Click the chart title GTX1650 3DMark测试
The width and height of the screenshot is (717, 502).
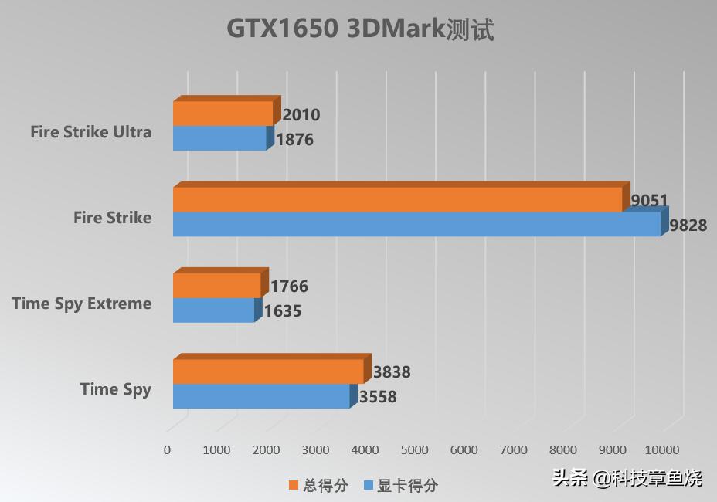tap(359, 29)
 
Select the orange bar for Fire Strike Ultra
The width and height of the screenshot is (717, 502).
tap(223, 114)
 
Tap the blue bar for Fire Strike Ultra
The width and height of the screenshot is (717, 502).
tap(219, 139)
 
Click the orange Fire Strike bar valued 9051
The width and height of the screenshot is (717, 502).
tap(397, 199)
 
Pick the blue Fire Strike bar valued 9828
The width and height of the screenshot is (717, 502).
tap(416, 225)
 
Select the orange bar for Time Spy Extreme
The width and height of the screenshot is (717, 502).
tap(216, 285)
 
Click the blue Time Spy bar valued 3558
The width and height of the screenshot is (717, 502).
tap(261, 396)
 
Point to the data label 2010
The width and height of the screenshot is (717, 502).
tap(301, 115)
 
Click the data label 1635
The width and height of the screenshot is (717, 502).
tap(283, 312)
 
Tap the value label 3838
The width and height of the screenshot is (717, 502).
tap(392, 372)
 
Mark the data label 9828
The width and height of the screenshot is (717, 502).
tap(688, 226)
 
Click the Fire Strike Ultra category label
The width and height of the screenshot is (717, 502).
tap(91, 132)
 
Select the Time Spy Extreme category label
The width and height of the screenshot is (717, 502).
tap(82, 304)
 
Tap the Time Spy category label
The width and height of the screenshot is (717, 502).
tap(116, 389)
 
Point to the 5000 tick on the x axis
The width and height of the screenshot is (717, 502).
tap(415, 450)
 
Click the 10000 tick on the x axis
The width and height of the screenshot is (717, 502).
tap(662, 450)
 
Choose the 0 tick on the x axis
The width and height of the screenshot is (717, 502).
tap(167, 450)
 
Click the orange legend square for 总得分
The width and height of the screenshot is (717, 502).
tap(293, 485)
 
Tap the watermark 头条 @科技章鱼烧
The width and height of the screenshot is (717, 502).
tap(627, 478)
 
